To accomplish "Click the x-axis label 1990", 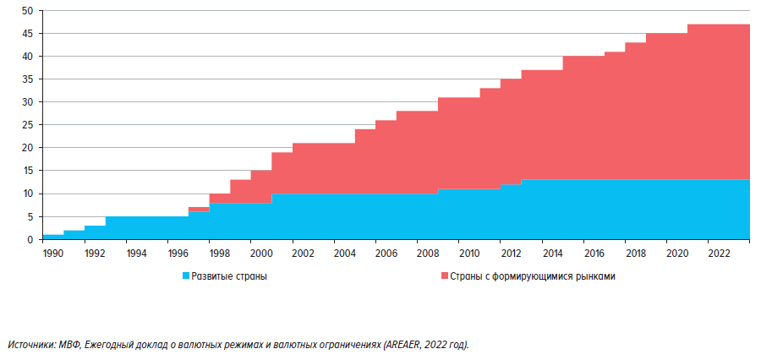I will [x=53, y=252].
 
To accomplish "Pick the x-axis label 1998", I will [x=219, y=252].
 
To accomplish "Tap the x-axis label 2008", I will [x=428, y=252].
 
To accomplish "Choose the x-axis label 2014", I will [x=553, y=252].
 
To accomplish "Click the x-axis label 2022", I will [x=720, y=252].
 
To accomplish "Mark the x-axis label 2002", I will [x=303, y=252].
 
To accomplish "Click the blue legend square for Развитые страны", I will [x=186, y=276].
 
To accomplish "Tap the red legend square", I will [x=445, y=276].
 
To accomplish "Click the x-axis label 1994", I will [x=136, y=252].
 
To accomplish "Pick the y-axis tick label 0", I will [x=31, y=240].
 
